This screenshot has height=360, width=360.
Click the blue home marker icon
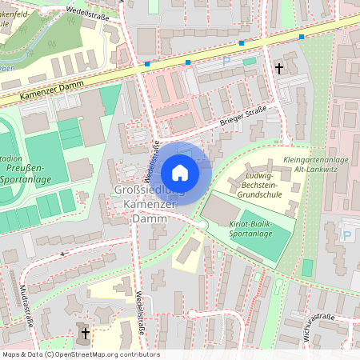coord(180,173)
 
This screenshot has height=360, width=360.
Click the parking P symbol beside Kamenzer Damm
coord(226,61)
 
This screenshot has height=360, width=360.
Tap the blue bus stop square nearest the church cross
coord(302,37)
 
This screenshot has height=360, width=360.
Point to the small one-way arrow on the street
coord(65,252)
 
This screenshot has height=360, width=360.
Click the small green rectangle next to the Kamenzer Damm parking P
coord(250,61)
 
